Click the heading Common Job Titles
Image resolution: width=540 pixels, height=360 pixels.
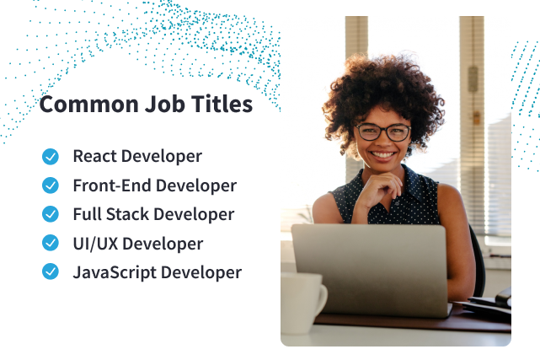146,105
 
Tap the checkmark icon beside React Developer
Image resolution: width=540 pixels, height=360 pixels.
51,156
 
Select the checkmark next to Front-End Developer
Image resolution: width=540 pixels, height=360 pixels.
51,185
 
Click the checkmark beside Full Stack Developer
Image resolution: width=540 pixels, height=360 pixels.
51,214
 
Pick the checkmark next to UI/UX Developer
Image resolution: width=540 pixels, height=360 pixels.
51,244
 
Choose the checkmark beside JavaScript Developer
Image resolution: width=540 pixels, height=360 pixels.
51,272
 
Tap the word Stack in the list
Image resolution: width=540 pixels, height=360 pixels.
126,214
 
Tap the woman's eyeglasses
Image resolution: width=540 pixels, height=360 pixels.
383,132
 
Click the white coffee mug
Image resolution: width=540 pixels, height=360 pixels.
302,303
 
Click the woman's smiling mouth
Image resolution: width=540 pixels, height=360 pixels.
383,156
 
